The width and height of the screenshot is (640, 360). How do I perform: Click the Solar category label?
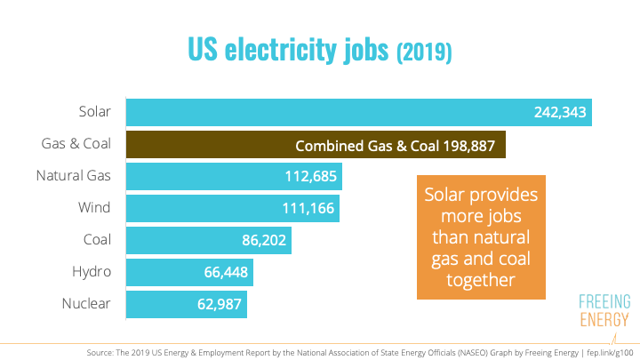tap(93, 112)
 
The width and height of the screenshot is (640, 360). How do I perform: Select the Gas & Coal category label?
tap(76, 144)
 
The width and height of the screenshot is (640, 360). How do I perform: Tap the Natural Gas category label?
tap(73, 176)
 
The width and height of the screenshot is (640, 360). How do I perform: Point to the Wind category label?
tap(94, 208)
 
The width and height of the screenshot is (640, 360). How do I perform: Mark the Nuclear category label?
tap(86, 304)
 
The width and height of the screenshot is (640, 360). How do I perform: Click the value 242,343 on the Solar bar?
tap(560, 113)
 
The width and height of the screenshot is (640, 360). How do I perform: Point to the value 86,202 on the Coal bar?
tap(261, 241)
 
